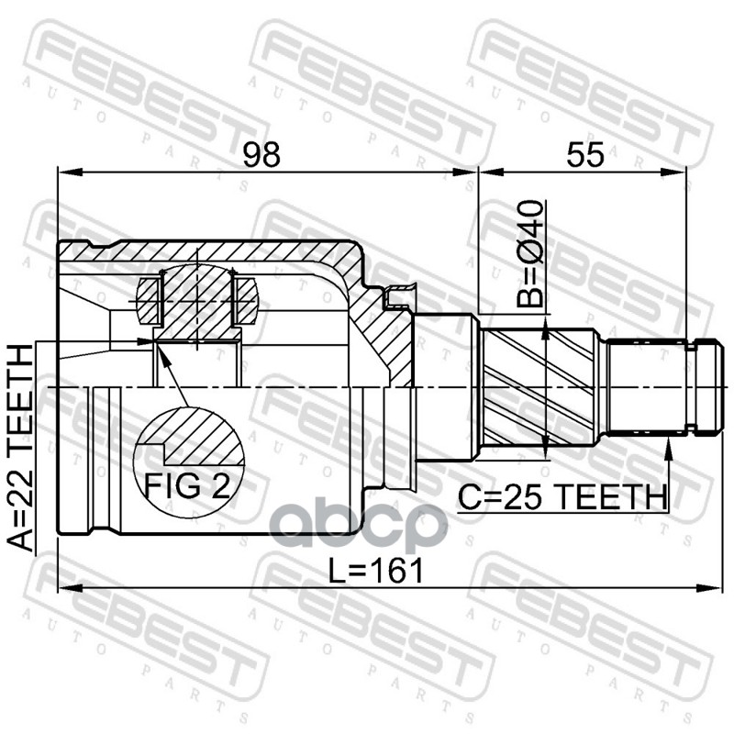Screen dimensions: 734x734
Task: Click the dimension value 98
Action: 261,154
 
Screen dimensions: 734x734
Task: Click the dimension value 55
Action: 585,154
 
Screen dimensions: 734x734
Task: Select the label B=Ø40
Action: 530,253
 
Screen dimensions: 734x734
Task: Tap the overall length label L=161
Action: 375,571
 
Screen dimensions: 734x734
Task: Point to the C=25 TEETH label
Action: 562,497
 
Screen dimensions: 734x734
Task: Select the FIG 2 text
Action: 187,486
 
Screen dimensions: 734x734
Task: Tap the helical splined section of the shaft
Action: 539,386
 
